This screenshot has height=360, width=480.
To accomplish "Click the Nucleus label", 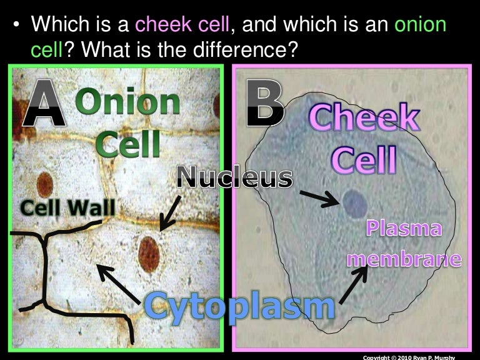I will pyautogui.click(x=234, y=176).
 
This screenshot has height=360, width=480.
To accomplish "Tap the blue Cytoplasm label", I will pyautogui.click(x=239, y=306).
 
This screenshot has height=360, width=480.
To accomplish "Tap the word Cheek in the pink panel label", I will pyautogui.click(x=364, y=118).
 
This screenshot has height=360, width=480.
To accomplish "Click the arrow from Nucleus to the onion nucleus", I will pyautogui.click(x=171, y=211).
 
